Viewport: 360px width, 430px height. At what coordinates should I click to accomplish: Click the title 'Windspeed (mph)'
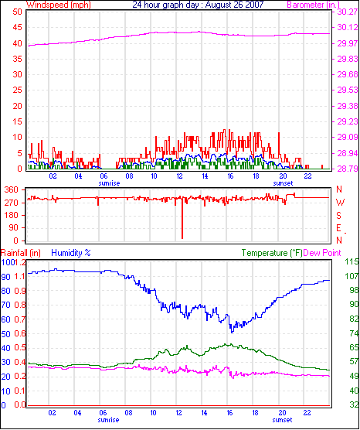pyautogui.click(x=59, y=5)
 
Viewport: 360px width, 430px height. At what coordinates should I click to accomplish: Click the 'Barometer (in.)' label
pyautogui.click(x=313, y=5)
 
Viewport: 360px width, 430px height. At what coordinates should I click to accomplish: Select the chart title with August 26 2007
pyautogui.click(x=198, y=5)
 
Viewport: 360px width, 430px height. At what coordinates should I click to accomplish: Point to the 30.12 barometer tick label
pyautogui.click(x=348, y=27)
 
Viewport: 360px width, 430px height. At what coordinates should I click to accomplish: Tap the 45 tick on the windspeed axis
pyautogui.click(x=17, y=27)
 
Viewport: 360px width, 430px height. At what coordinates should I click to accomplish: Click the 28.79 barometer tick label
pyautogui.click(x=348, y=169)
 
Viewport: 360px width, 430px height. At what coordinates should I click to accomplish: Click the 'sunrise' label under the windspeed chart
pyautogui.click(x=109, y=183)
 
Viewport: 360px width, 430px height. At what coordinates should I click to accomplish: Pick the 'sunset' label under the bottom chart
pyautogui.click(x=282, y=420)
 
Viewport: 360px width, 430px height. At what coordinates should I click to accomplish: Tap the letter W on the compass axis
pyautogui.click(x=340, y=203)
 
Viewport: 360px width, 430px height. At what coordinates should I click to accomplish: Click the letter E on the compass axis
pyautogui.click(x=339, y=228)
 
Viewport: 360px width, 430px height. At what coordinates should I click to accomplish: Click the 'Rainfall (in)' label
pyautogui.click(x=21, y=253)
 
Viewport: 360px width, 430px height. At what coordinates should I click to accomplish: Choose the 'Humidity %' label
pyautogui.click(x=71, y=253)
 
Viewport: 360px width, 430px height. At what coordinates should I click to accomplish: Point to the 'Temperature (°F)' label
pyautogui.click(x=272, y=253)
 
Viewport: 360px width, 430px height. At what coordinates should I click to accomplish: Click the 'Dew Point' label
pyautogui.click(x=322, y=253)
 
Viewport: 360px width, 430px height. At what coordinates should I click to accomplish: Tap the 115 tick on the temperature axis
pyautogui.click(x=352, y=261)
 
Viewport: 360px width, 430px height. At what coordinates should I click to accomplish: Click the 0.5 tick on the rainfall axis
pyautogui.click(x=20, y=348)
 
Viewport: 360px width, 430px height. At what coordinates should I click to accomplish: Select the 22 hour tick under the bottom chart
pyautogui.click(x=307, y=412)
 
